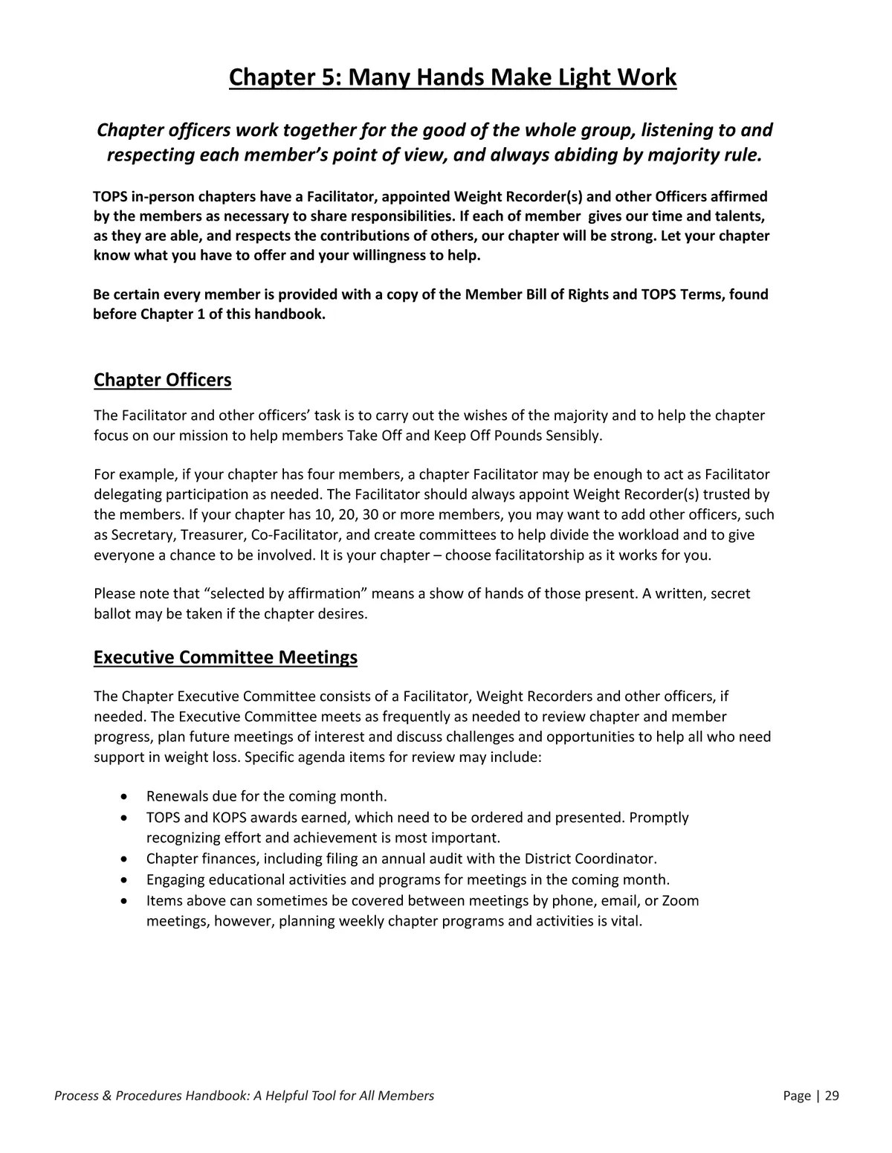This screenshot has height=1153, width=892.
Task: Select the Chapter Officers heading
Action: point(162,380)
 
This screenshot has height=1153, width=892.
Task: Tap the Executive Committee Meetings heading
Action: point(225,657)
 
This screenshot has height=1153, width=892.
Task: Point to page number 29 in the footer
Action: point(832,1095)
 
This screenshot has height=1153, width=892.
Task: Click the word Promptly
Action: point(659,818)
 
